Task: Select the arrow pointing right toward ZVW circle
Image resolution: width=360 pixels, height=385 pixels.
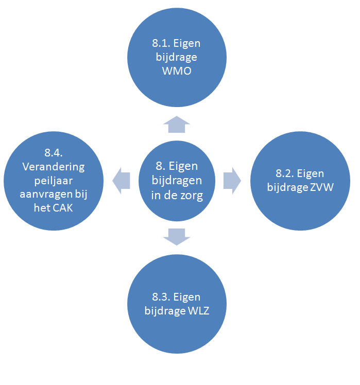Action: (232, 181)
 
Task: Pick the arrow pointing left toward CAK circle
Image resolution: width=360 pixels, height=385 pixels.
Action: (121, 181)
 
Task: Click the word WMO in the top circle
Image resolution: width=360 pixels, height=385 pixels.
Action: (177, 71)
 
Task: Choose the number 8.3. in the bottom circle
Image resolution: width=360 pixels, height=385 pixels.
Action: (161, 297)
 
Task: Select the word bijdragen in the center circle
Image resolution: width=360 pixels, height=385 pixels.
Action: (177, 180)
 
